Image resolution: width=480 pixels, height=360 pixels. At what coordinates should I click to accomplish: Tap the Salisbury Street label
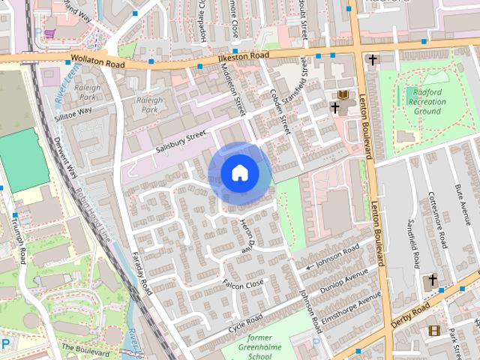180,140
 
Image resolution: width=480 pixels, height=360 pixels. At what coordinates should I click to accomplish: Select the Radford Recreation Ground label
427,102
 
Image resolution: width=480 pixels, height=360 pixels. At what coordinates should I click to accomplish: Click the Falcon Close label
244,284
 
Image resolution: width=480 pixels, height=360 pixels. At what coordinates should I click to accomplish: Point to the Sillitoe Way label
73,111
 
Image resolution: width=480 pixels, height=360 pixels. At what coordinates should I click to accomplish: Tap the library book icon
343,94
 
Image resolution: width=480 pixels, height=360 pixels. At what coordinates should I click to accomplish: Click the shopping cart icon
49,34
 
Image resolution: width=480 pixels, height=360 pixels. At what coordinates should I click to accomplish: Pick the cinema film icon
433,330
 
